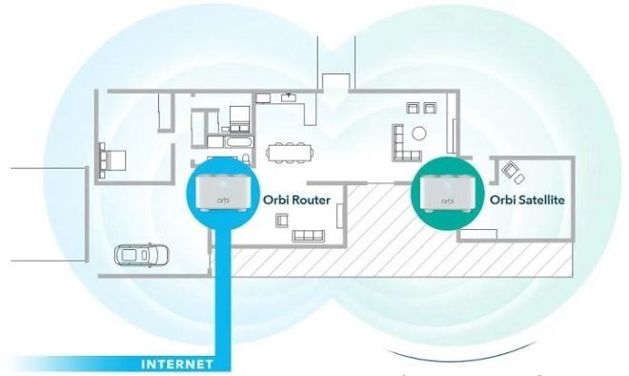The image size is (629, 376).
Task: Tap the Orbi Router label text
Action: coord(297,198)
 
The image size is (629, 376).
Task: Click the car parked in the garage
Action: coord(141,255)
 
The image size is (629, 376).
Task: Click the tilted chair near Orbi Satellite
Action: coord(512,171)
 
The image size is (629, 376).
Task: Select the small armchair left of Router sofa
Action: coord(280,220)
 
